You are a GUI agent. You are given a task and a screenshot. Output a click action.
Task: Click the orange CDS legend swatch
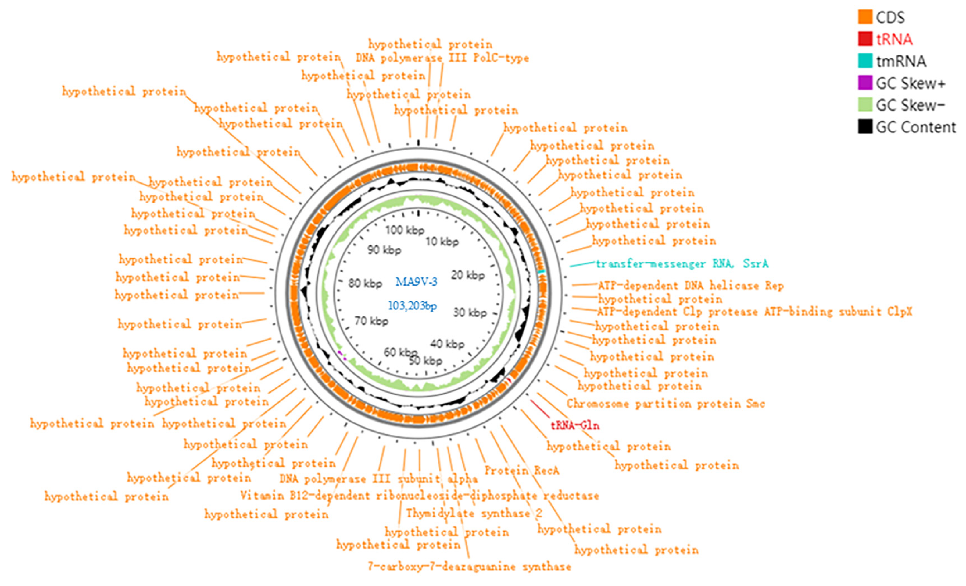(x=865, y=17)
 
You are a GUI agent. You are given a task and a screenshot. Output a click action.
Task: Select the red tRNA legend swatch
(x=865, y=39)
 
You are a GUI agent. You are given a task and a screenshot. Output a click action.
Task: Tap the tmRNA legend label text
(x=901, y=61)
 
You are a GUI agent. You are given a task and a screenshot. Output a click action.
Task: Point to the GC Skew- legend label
(x=910, y=105)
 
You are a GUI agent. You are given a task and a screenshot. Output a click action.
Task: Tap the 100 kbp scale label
(x=405, y=230)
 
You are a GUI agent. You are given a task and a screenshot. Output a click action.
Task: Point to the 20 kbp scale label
(x=468, y=275)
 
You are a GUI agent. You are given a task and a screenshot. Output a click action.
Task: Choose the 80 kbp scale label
(x=365, y=283)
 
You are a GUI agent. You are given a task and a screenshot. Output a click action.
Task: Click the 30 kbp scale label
(x=470, y=312)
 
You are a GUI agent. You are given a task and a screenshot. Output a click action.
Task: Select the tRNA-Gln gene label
(x=575, y=425)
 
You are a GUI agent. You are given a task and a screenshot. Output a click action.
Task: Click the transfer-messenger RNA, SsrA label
(x=682, y=264)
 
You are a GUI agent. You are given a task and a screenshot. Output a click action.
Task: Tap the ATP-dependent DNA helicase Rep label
(x=690, y=286)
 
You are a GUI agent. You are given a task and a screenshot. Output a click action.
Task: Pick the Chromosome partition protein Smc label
(x=665, y=404)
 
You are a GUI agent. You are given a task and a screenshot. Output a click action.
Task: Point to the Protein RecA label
(x=522, y=470)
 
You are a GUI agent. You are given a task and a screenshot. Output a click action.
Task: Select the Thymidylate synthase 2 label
(x=474, y=513)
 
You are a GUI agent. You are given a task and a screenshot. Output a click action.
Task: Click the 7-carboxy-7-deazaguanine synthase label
(x=469, y=567)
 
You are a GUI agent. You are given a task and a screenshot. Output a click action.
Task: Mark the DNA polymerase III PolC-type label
(x=442, y=58)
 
